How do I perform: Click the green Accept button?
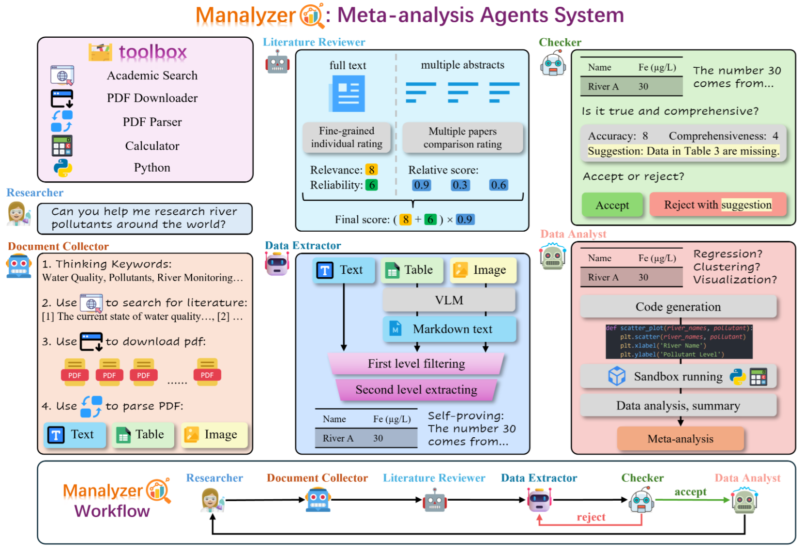click(612, 205)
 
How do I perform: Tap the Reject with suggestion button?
click(717, 205)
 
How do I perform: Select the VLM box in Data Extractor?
click(449, 300)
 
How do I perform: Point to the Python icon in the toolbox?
click(62, 168)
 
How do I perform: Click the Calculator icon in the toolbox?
click(62, 146)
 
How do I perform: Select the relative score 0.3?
click(459, 185)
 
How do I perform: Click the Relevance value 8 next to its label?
click(371, 170)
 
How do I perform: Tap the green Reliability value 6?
click(371, 185)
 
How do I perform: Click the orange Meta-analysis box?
click(680, 439)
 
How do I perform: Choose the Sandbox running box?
click(678, 376)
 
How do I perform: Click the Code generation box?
click(678, 307)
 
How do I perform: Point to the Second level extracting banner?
click(416, 390)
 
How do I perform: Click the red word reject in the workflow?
click(591, 517)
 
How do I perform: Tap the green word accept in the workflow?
click(690, 492)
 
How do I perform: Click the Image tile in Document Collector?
click(214, 434)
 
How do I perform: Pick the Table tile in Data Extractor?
click(411, 270)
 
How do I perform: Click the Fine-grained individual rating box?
click(347, 137)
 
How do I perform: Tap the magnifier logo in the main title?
click(312, 15)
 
